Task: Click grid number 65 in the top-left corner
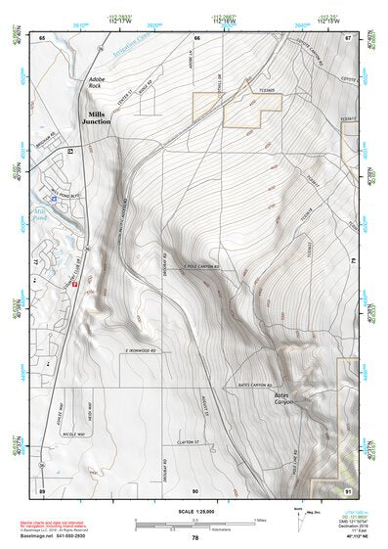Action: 42,37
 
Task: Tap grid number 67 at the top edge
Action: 349,37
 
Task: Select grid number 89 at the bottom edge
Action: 42,489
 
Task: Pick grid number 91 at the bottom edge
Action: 350,489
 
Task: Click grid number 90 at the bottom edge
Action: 194,489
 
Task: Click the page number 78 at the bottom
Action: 195,538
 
